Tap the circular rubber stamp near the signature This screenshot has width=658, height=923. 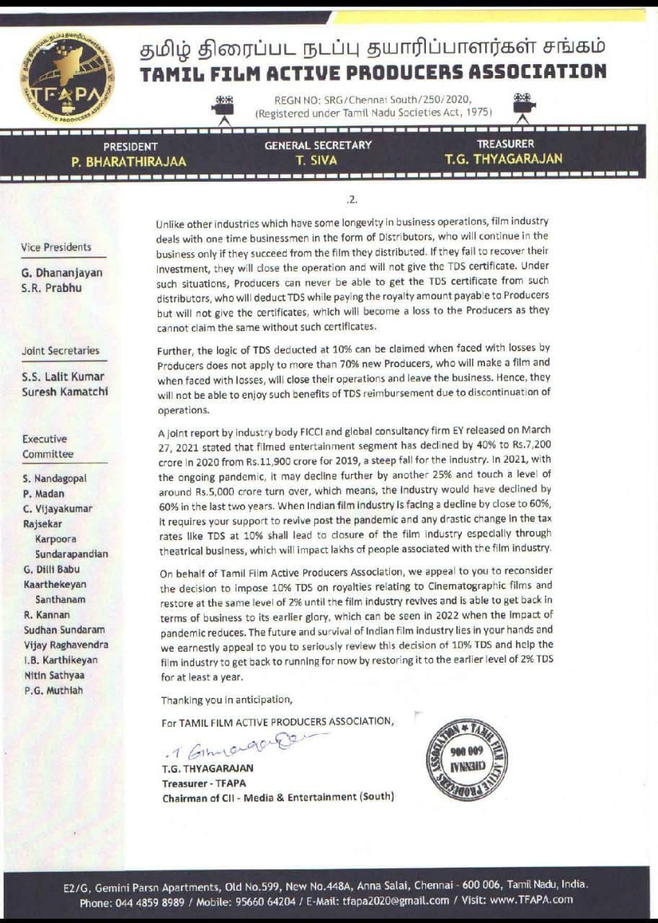pyautogui.click(x=466, y=759)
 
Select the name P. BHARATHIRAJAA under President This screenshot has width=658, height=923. pyautogui.click(x=129, y=162)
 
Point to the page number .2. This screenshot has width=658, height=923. pyautogui.click(x=352, y=200)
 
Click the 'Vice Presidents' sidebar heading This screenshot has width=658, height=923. pyautogui.click(x=56, y=247)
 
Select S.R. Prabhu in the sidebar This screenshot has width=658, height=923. pyautogui.click(x=51, y=288)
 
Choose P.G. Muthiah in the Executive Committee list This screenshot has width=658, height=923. pyautogui.click(x=53, y=690)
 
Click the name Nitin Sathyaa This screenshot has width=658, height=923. pyautogui.click(x=54, y=675)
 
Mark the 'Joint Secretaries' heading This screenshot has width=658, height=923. pyautogui.click(x=61, y=350)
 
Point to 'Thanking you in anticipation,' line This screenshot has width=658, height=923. pyautogui.click(x=227, y=699)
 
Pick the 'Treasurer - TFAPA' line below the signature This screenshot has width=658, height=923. pyautogui.click(x=203, y=782)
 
